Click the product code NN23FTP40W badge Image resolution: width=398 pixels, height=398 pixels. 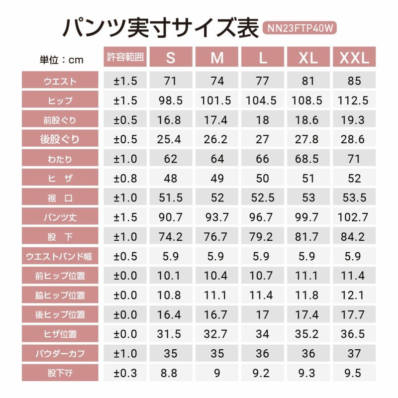pos(299,28)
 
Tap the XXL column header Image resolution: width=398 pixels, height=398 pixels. pos(354,58)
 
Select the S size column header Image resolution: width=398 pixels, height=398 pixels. pos(171,58)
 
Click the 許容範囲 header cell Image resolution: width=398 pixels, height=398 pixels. pos(125,58)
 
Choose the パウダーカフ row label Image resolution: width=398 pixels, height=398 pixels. pos(60,354)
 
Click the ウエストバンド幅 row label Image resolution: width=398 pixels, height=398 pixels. pos(60,257)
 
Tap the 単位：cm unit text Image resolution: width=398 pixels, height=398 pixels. pos(62,60)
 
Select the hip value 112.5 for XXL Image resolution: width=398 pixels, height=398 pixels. pos(353,100)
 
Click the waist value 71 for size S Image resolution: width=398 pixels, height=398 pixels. pos(171,81)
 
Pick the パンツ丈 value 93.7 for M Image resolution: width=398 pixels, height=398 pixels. pos(215,217)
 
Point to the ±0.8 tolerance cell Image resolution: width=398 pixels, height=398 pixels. pos(125,178)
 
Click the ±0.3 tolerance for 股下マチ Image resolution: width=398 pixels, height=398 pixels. pos(125,373)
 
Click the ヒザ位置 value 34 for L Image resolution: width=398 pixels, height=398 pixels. pos(262,334)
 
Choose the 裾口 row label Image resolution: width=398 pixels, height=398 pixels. pos(60,198)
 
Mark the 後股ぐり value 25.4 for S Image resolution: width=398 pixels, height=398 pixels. pos(171,140)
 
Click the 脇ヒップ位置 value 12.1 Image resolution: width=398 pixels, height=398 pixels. pos(353,295)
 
